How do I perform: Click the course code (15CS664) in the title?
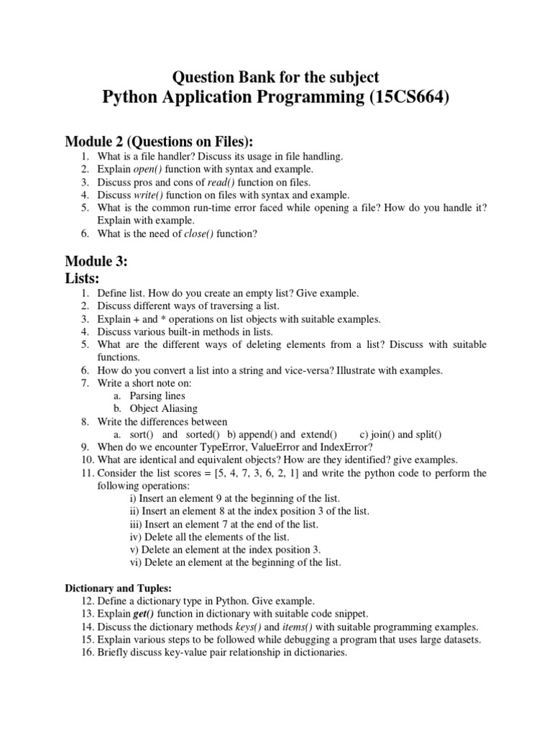click(x=410, y=98)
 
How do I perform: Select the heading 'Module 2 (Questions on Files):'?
click(x=160, y=141)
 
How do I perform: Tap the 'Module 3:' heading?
click(x=96, y=262)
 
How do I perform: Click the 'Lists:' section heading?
click(x=83, y=277)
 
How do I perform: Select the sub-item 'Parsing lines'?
click(x=157, y=395)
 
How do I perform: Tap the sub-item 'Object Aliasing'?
click(x=163, y=408)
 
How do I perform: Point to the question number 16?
click(x=87, y=653)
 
